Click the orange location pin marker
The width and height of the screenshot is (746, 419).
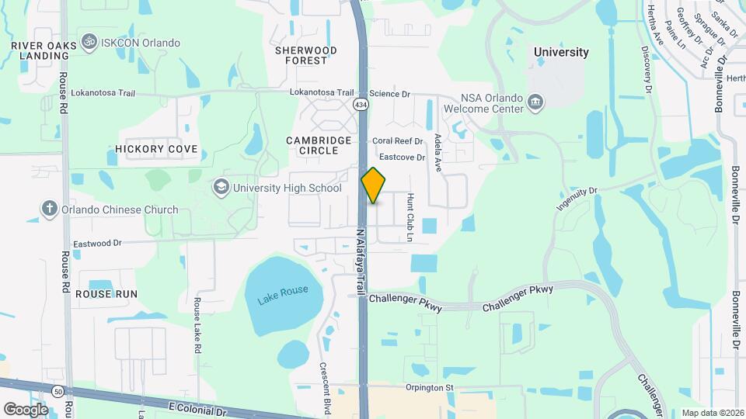(x=373, y=185)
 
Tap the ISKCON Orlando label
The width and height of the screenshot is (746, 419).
(x=141, y=43)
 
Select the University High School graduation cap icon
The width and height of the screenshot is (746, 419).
(x=221, y=188)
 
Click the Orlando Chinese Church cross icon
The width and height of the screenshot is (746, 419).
(x=49, y=209)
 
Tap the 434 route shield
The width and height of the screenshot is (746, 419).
(x=361, y=104)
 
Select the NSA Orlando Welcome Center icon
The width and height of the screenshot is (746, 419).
(x=535, y=102)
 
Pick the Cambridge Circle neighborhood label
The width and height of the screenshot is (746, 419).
(x=319, y=145)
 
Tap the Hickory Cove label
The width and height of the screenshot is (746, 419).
(x=155, y=148)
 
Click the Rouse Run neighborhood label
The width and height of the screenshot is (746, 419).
(x=106, y=294)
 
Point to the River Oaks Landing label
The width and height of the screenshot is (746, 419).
(x=44, y=51)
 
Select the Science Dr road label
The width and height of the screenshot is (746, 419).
(x=389, y=94)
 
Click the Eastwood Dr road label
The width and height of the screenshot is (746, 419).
(x=97, y=244)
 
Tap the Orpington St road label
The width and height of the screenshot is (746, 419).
(x=428, y=387)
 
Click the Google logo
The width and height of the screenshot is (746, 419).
(x=26, y=409)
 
